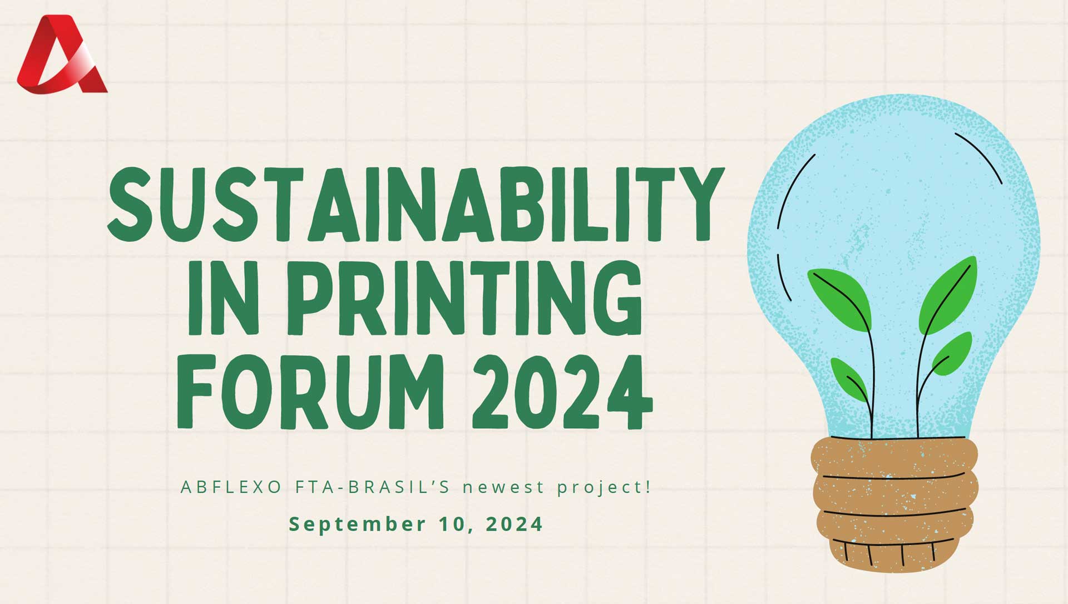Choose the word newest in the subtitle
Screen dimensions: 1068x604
(504, 488)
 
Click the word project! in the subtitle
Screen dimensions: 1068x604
(604, 488)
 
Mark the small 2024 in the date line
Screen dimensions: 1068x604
(515, 524)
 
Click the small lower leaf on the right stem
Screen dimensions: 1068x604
(952, 353)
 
